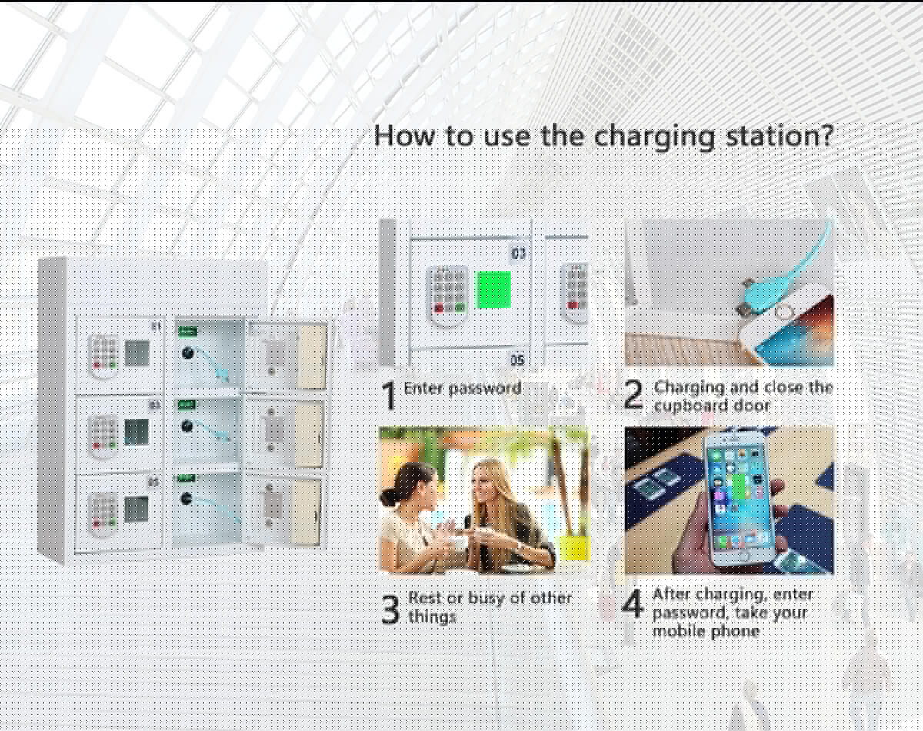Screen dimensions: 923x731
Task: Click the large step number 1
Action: coord(389,396)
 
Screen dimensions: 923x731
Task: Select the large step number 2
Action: coord(634,395)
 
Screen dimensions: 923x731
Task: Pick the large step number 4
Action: coord(633,604)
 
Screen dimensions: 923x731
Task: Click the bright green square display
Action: coord(493,289)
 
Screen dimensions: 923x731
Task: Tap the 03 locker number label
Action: coord(518,253)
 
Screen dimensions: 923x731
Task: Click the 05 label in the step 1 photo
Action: coord(517,359)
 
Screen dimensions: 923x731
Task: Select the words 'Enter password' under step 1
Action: coord(462,389)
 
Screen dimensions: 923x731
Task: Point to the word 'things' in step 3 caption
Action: coord(432,616)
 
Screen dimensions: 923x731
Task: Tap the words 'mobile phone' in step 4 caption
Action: coord(706,632)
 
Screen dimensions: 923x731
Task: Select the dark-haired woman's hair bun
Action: coord(389,498)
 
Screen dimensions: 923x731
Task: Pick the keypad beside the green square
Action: coord(448,295)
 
